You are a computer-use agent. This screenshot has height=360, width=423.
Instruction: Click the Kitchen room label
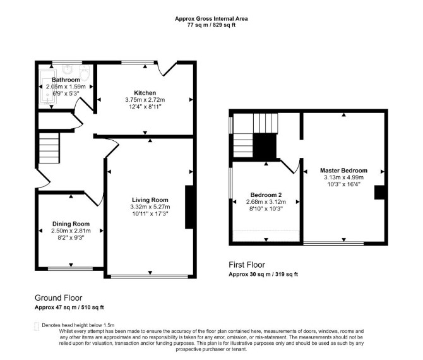point(145,93)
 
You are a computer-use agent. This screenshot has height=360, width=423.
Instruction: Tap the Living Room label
point(150,200)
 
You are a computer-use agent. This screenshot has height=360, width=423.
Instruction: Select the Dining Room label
point(71,224)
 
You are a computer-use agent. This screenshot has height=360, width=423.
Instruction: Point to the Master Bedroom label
point(343,171)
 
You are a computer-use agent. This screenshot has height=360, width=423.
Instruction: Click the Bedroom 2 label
point(266,195)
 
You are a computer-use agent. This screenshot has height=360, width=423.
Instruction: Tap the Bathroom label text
point(66,80)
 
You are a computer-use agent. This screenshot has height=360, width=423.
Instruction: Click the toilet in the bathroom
point(85,73)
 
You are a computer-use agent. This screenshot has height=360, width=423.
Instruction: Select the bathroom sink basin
point(68,69)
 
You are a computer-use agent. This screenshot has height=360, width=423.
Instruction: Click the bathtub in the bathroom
point(48,87)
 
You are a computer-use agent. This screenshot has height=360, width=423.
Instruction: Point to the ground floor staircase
point(49,148)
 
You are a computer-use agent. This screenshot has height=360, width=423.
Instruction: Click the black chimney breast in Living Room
point(189,207)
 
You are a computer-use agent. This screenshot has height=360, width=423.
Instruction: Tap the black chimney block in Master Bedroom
point(379,193)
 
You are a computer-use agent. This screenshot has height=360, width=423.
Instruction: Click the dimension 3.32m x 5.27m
point(150,207)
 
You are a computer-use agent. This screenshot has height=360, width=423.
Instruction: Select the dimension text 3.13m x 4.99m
point(343,177)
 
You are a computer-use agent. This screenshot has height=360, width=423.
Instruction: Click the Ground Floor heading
point(59,298)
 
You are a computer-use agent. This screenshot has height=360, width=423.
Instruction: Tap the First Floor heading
point(247,265)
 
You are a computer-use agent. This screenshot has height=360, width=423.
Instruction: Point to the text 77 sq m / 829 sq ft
point(211,25)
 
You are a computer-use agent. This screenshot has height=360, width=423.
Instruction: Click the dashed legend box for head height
point(37,327)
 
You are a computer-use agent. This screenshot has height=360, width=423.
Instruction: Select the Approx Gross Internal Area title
point(211,18)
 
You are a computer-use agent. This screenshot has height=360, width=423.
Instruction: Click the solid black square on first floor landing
point(265,147)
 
